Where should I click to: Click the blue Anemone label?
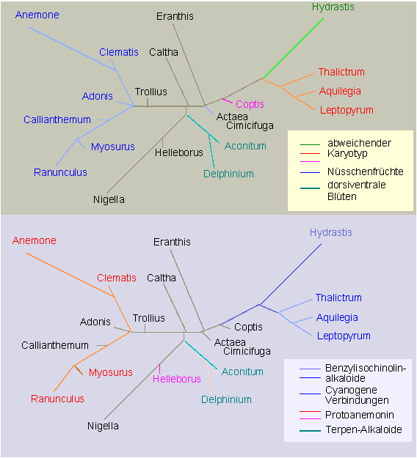pos(37,15)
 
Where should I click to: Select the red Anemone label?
pos(35,240)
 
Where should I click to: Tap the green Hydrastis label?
pos(333,7)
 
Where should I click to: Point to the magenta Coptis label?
pos(250,104)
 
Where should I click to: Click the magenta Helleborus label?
pos(177,379)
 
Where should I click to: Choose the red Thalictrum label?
pos(341,72)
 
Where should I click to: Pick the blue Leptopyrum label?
pos(344,336)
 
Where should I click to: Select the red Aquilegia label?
pos(340,92)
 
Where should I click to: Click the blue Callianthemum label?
pos(57,119)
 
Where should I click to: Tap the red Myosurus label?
pos(111,373)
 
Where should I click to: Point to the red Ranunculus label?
pos(58,399)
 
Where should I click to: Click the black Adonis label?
pos(95,322)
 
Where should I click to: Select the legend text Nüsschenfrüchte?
pos(366,171)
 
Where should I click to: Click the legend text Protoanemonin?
pos(360,415)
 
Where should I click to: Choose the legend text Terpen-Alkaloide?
pos(363,429)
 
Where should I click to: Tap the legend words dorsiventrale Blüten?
pos(356,191)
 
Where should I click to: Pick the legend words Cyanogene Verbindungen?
pos(357,395)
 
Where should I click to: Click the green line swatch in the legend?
pos(311,144)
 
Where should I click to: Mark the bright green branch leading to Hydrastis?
pos(294,48)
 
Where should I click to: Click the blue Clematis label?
pos(119,52)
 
